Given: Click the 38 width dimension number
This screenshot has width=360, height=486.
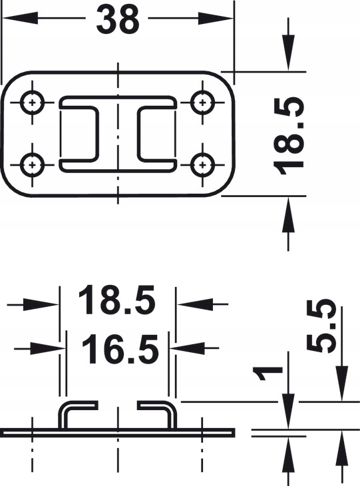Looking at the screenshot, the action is click(x=118, y=20).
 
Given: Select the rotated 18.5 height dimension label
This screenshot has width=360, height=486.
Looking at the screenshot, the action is click(x=288, y=136).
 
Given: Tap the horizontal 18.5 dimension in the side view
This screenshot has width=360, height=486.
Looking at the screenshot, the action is click(x=116, y=300).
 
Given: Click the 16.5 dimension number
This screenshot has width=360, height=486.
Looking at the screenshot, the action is click(x=120, y=350).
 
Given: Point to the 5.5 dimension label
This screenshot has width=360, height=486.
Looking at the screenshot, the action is click(x=321, y=326).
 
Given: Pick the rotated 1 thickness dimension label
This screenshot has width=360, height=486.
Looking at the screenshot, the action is click(x=268, y=373).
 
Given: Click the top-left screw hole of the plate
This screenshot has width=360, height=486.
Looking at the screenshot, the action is click(x=32, y=103).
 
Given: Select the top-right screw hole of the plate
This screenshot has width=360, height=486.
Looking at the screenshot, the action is click(x=202, y=103).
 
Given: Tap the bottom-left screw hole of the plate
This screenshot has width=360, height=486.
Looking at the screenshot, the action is click(x=32, y=164).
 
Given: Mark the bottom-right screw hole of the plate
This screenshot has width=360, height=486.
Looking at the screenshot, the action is click(x=202, y=164).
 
